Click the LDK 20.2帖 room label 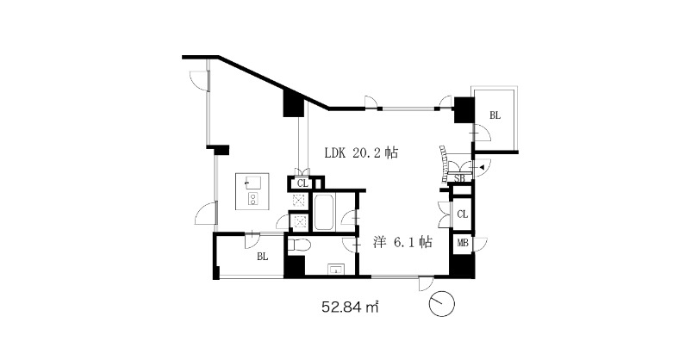[361, 152]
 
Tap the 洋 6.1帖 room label [402, 242]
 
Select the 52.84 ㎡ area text [351, 307]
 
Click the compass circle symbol [442, 304]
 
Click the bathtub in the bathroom [325, 213]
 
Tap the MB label [463, 243]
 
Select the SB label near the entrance [459, 177]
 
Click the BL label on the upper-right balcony [495, 115]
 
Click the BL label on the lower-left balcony [263, 257]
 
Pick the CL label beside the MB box [463, 214]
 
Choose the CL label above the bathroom [302, 183]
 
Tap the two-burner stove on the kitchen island [252, 198]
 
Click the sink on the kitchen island [252, 183]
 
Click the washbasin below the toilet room [336, 270]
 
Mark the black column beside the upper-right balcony [464, 111]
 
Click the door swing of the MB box [481, 245]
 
